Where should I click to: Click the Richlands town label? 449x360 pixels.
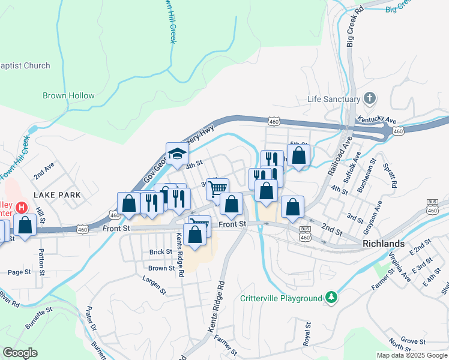(x=384, y=244)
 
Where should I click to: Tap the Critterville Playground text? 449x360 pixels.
(x=281, y=298)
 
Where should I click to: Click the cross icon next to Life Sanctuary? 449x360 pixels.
(x=370, y=98)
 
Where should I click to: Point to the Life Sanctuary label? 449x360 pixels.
(x=333, y=99)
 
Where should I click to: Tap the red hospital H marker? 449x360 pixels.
(x=22, y=208)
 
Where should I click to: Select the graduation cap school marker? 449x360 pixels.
(x=177, y=154)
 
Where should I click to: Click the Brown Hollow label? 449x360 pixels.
(x=68, y=95)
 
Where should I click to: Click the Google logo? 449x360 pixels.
(x=20, y=352)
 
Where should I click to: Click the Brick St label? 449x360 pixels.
(x=160, y=252)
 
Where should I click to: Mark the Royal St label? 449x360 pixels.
(x=307, y=332)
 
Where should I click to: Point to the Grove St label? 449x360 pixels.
(x=414, y=340)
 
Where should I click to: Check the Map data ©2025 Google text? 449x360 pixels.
(x=411, y=355)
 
